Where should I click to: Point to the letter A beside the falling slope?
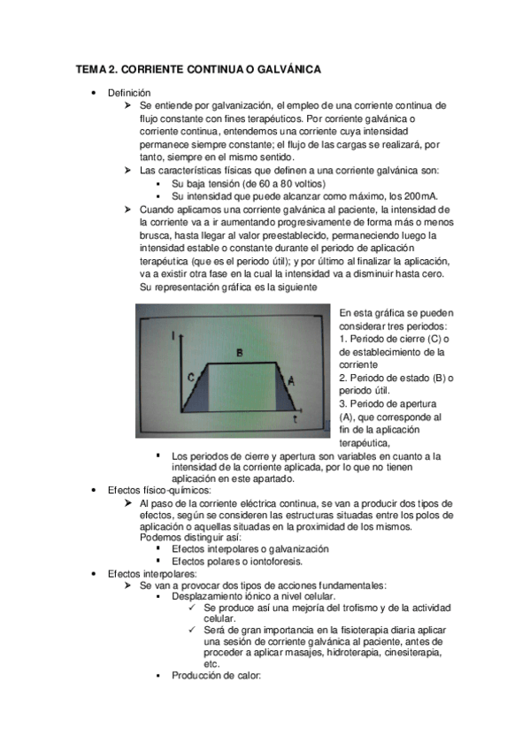(x=293, y=379)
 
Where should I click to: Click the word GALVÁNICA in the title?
(x=285, y=68)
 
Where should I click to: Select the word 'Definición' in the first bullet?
(x=129, y=93)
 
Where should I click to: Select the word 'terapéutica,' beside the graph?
(x=365, y=442)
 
